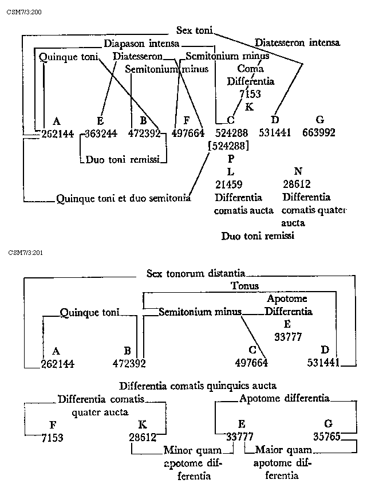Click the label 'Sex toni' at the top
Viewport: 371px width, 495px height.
(x=195, y=30)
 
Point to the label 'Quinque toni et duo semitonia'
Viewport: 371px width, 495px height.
(x=123, y=198)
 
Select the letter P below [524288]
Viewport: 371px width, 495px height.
(x=230, y=160)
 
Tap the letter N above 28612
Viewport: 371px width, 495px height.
(x=298, y=171)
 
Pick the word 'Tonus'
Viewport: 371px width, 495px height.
(x=245, y=286)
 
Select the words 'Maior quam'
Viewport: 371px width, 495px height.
(x=279, y=450)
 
